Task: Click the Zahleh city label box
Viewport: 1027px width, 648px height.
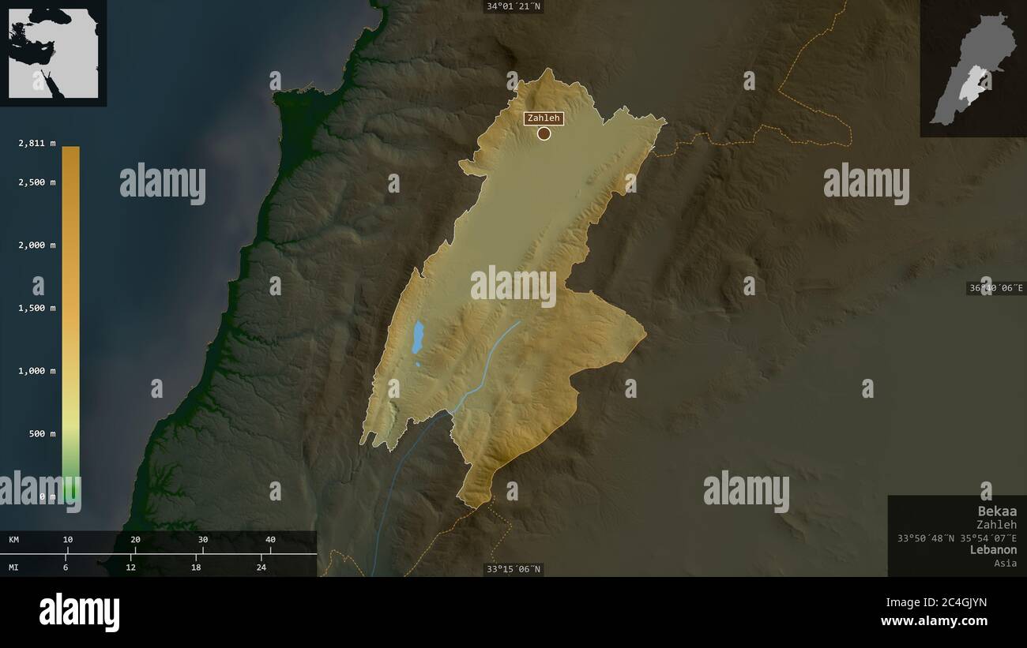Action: coord(543,118)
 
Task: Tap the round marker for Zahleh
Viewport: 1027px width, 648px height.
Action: coord(544,133)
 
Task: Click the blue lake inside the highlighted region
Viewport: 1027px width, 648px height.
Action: coord(417,336)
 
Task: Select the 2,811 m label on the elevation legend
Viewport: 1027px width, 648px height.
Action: coord(37,143)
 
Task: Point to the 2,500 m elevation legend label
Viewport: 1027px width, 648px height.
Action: coord(37,182)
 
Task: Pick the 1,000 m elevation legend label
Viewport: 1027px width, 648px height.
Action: coord(37,371)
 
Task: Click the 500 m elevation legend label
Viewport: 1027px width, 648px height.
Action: coord(42,434)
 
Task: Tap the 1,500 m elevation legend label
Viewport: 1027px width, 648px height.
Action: coord(37,308)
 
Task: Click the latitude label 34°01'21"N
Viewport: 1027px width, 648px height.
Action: coord(513,6)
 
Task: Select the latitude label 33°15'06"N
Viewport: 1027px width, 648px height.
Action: coord(513,569)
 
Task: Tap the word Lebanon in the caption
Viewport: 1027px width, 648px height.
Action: coord(993,549)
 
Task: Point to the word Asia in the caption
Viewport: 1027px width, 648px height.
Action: coord(1005,563)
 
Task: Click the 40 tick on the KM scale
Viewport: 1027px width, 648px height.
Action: coord(270,540)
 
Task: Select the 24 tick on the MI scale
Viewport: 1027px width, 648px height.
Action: coord(261,567)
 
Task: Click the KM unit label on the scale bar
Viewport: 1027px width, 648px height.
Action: coord(14,540)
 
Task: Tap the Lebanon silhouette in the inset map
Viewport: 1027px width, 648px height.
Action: coord(969,71)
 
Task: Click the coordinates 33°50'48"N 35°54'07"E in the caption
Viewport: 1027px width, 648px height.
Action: coord(957,538)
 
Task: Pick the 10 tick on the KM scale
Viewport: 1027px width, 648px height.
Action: coord(68,540)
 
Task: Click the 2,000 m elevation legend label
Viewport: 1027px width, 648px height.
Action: coord(37,245)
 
